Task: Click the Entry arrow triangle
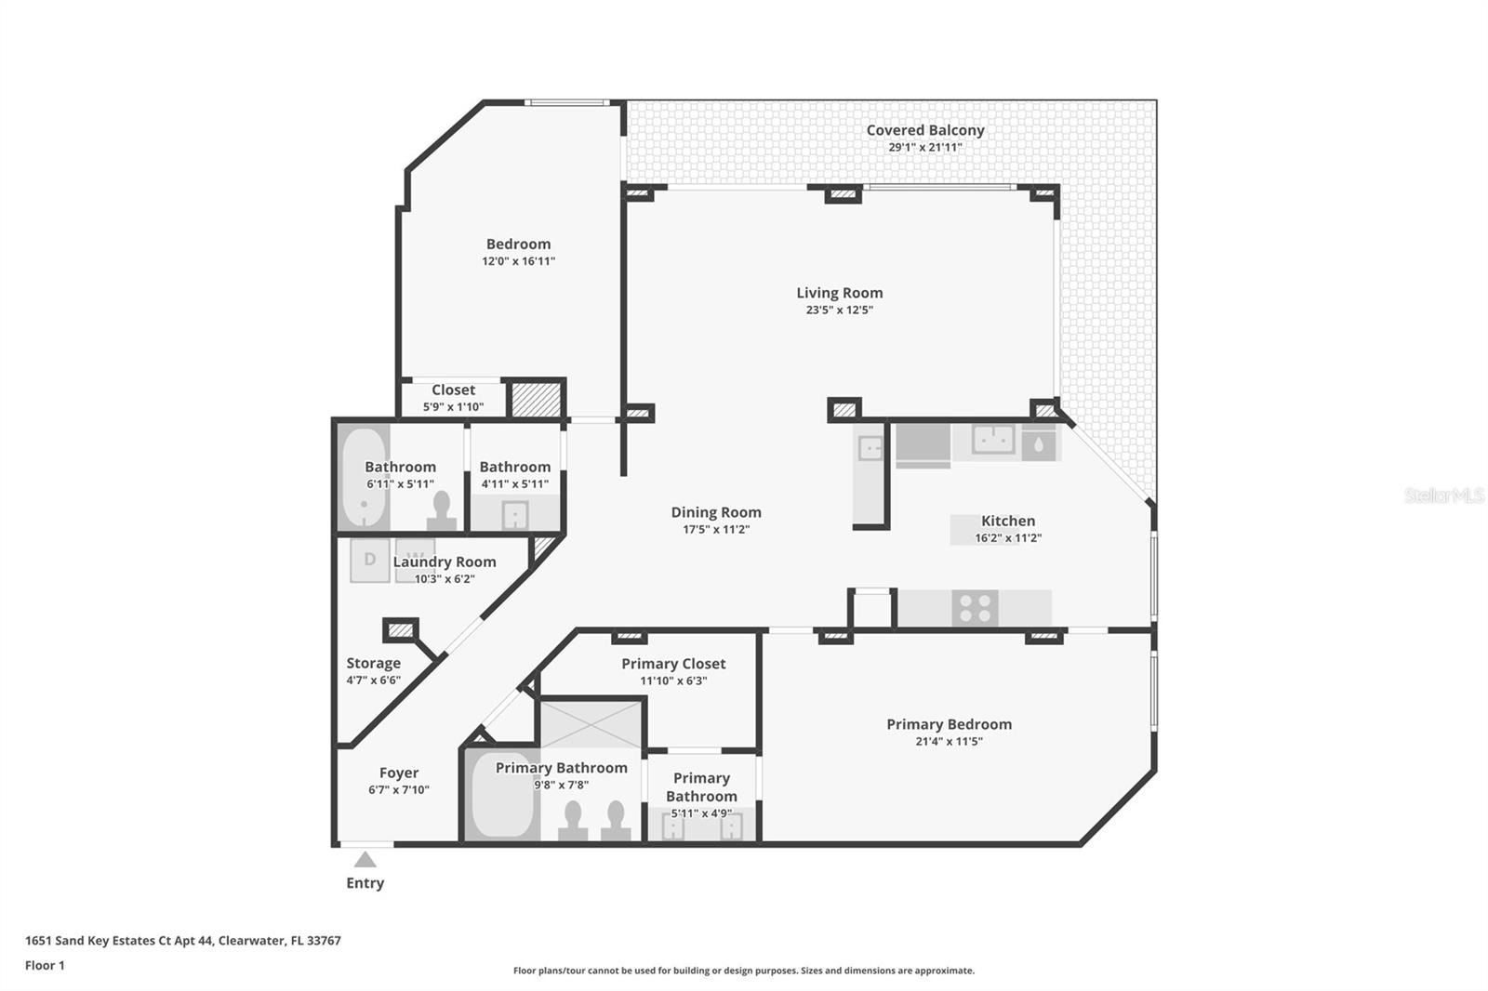(365, 860)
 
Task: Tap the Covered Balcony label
(924, 130)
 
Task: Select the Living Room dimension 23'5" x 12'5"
(839, 310)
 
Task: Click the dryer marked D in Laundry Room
(369, 560)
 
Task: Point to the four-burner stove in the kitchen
(975, 608)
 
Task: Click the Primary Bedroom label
(949, 724)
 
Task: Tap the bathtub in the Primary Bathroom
(502, 795)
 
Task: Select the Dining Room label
(715, 512)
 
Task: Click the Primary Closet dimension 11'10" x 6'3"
(673, 680)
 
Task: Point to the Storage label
(373, 663)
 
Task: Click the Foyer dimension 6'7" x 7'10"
(399, 789)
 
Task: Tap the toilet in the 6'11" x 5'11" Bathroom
(441, 510)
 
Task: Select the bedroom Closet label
(453, 390)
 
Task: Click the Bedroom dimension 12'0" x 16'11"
(518, 261)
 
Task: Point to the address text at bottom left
(182, 941)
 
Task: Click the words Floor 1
(45, 965)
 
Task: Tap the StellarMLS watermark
(1444, 495)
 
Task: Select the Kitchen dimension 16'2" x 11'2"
(1008, 537)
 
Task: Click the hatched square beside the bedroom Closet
(536, 399)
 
